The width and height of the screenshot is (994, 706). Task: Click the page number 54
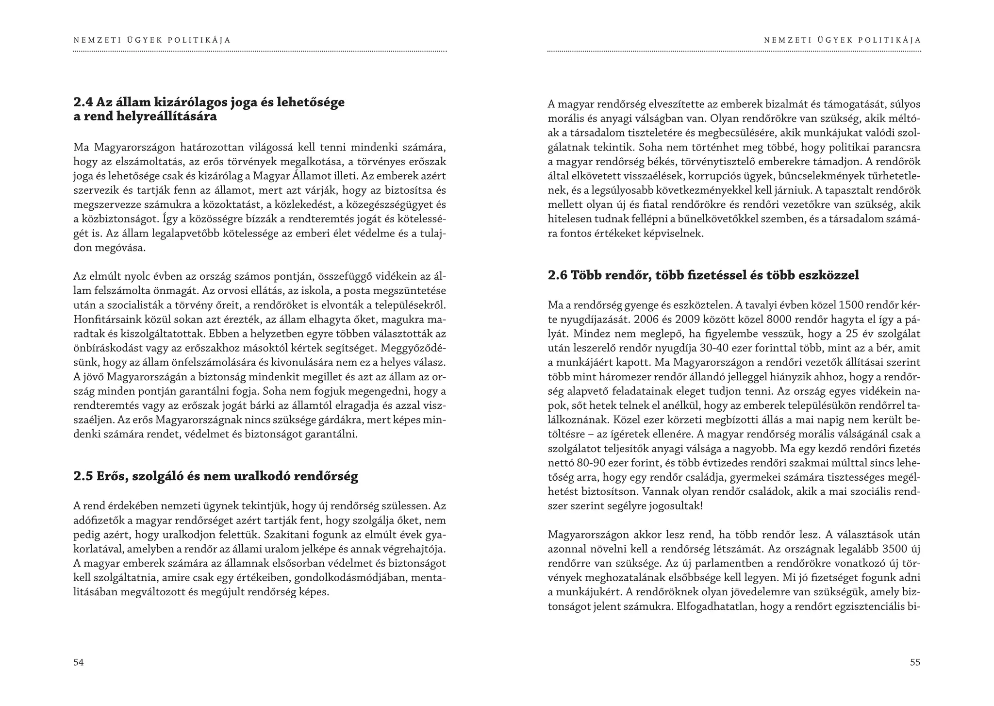tap(79, 662)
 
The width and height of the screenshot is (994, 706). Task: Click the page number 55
tap(915, 662)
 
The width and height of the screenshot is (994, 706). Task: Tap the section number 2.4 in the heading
tap(83, 102)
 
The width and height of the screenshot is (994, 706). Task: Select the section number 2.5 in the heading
tap(83, 476)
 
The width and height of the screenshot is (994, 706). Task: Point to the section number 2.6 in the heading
tap(557, 275)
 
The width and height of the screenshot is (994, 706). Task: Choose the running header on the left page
tap(152, 40)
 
